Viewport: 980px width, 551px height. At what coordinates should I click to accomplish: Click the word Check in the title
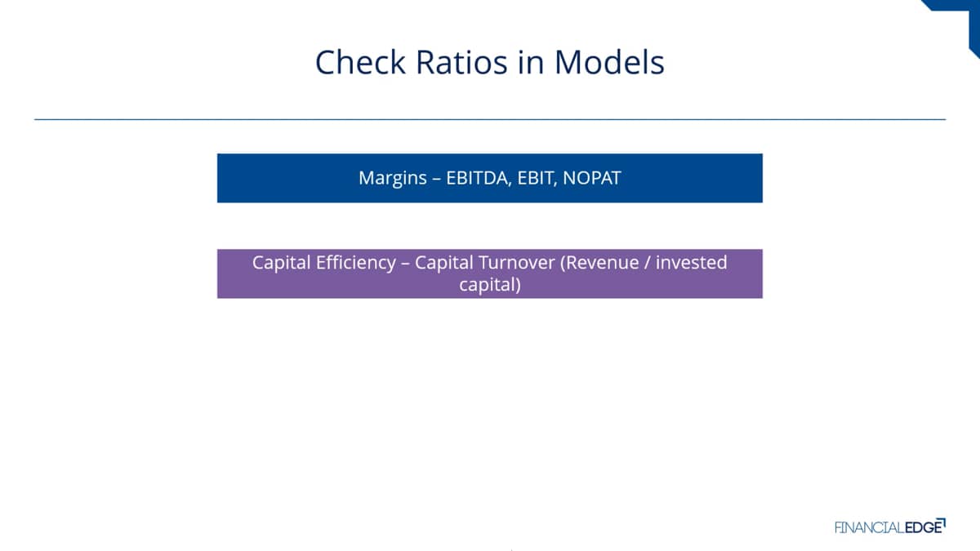(x=360, y=62)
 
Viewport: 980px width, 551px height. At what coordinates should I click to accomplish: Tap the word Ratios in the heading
(x=461, y=62)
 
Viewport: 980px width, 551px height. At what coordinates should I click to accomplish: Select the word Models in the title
(x=609, y=62)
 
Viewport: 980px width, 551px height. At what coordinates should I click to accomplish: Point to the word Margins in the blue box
(x=393, y=179)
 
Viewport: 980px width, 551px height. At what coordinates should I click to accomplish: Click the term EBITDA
(x=479, y=179)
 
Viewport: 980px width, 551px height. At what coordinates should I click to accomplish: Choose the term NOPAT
(x=592, y=178)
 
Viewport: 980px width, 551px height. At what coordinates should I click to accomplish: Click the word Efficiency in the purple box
(x=356, y=263)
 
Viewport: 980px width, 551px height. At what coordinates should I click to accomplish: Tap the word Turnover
(x=517, y=263)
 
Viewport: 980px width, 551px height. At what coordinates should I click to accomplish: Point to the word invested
(x=691, y=263)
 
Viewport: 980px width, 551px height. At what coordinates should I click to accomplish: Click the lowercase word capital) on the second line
(x=490, y=285)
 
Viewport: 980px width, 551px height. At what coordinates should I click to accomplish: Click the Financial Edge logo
(x=890, y=526)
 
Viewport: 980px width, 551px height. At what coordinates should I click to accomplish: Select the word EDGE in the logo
(x=924, y=527)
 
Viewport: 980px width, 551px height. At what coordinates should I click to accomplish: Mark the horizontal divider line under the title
(x=490, y=119)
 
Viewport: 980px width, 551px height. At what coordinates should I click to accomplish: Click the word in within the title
(x=531, y=62)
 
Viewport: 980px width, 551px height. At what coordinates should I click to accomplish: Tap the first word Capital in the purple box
(x=281, y=263)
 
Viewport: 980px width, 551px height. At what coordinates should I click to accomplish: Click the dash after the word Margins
(x=436, y=180)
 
